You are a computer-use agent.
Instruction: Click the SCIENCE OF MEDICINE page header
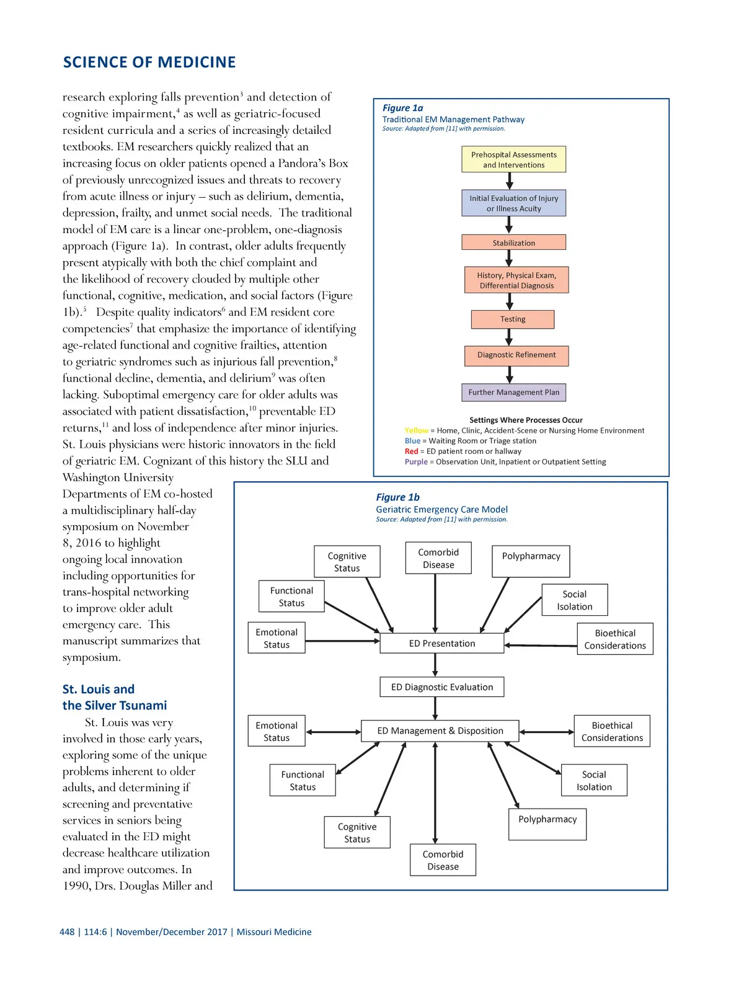(x=149, y=63)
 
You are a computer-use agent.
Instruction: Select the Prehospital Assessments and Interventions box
(x=513, y=160)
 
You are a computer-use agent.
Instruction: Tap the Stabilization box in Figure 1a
(x=513, y=242)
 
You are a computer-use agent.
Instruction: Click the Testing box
(x=513, y=319)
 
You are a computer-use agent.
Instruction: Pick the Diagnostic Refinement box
(x=516, y=355)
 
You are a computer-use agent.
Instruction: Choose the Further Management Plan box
(x=513, y=393)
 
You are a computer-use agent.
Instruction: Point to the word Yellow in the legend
(x=416, y=430)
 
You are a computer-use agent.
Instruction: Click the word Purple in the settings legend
(x=416, y=462)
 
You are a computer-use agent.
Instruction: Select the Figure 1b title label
(x=397, y=497)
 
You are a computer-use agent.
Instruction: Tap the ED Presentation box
(x=441, y=644)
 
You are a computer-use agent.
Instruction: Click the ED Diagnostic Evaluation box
(x=441, y=687)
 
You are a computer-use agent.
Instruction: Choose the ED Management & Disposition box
(x=440, y=731)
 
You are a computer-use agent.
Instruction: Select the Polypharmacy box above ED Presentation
(x=531, y=561)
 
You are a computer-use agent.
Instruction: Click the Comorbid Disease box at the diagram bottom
(x=443, y=860)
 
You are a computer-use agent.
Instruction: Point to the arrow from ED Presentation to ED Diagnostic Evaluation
(x=435, y=665)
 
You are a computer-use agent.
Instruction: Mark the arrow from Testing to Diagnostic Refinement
(x=509, y=337)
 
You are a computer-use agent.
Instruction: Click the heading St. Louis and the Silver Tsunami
(x=115, y=698)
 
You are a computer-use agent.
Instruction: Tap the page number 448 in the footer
(x=67, y=932)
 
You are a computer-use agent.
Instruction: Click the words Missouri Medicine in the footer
(x=274, y=932)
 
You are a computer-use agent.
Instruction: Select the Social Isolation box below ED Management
(x=594, y=781)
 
